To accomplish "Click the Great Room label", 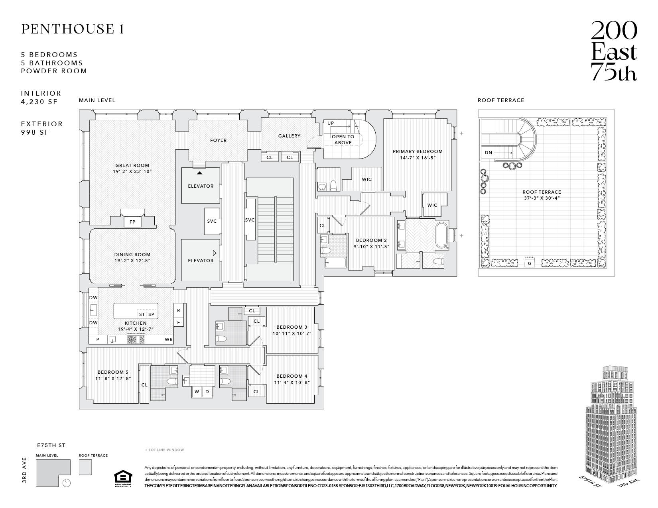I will (x=132, y=165).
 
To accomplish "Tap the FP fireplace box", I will (x=132, y=222).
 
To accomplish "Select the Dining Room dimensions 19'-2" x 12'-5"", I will (x=132, y=261).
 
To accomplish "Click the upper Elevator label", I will (x=201, y=186).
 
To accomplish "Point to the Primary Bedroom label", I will (x=418, y=151).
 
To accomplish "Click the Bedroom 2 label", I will (x=371, y=240).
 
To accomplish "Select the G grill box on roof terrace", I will (x=529, y=263).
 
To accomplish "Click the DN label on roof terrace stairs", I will (x=489, y=153).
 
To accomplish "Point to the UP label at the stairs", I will (x=331, y=123).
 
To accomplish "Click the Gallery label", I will (x=289, y=136).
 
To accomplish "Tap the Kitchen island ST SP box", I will (x=146, y=314).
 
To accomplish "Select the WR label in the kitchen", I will (x=169, y=339).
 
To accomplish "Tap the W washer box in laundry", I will (x=197, y=392).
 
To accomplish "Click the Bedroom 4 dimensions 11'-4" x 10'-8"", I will (x=292, y=382).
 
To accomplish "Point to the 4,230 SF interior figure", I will (x=39, y=102).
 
